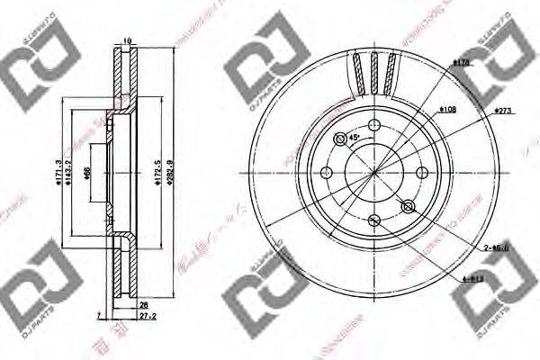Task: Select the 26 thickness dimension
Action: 143,305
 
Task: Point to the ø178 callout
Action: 463,63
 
